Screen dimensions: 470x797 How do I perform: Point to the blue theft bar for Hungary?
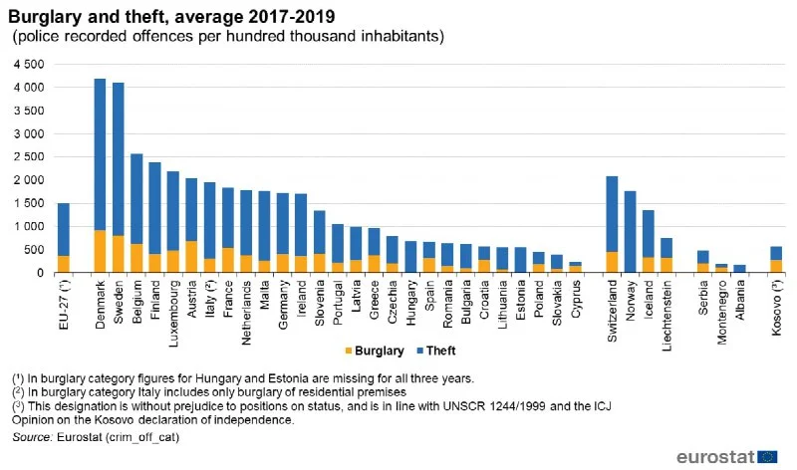click(x=410, y=256)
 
